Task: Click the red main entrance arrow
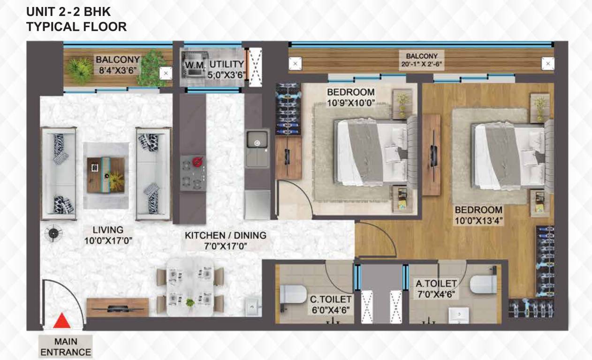point(61,322)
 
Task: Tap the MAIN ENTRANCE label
point(66,347)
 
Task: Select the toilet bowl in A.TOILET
point(484,284)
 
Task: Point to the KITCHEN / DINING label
point(225,235)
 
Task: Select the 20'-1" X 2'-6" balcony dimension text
point(422,64)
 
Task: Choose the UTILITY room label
point(227,64)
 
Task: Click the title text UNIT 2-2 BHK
point(68,11)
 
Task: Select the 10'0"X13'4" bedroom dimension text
point(478,220)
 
